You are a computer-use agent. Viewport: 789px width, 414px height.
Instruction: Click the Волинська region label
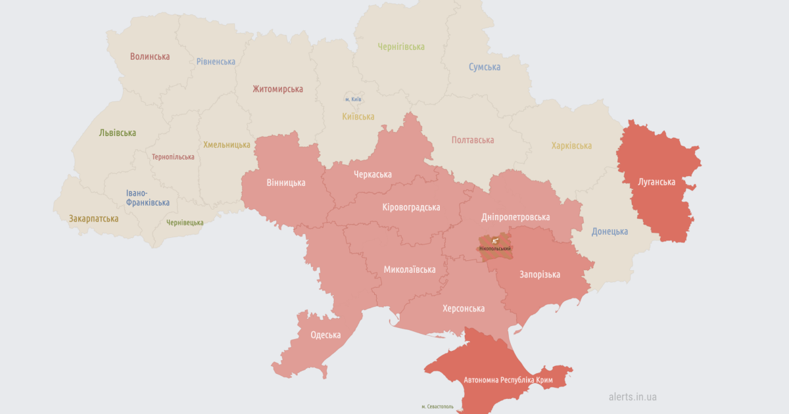pyautogui.click(x=150, y=57)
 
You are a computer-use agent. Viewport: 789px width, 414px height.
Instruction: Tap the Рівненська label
pyautogui.click(x=216, y=62)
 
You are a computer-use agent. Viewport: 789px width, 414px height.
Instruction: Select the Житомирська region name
pyautogui.click(x=277, y=89)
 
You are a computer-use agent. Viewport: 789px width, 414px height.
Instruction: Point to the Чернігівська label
pyautogui.click(x=401, y=47)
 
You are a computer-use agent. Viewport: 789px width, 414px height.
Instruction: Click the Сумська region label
pyautogui.click(x=485, y=67)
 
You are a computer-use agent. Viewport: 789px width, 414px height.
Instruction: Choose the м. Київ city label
pyautogui.click(x=353, y=99)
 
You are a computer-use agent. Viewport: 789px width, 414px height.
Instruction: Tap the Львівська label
pyautogui.click(x=118, y=133)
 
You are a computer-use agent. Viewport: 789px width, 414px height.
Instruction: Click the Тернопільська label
pyautogui.click(x=173, y=157)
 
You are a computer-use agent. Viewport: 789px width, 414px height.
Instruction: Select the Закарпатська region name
pyautogui.click(x=93, y=218)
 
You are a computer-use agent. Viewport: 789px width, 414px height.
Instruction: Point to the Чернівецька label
pyautogui.click(x=185, y=223)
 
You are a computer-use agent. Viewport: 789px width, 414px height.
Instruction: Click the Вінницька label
pyautogui.click(x=286, y=183)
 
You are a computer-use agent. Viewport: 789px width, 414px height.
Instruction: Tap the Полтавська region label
pyautogui.click(x=473, y=140)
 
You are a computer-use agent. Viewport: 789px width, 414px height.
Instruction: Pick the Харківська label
pyautogui.click(x=571, y=146)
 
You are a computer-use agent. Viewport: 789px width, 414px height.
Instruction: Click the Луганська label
pyautogui.click(x=656, y=182)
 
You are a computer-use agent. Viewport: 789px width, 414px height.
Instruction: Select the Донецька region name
pyautogui.click(x=610, y=231)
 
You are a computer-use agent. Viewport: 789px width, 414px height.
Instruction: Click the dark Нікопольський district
pyautogui.click(x=495, y=247)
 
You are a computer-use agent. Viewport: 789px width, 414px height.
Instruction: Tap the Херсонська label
pyautogui.click(x=464, y=308)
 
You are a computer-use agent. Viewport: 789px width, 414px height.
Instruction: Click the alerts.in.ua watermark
pyautogui.click(x=632, y=397)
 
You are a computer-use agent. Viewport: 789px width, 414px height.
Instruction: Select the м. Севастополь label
pyautogui.click(x=442, y=407)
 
